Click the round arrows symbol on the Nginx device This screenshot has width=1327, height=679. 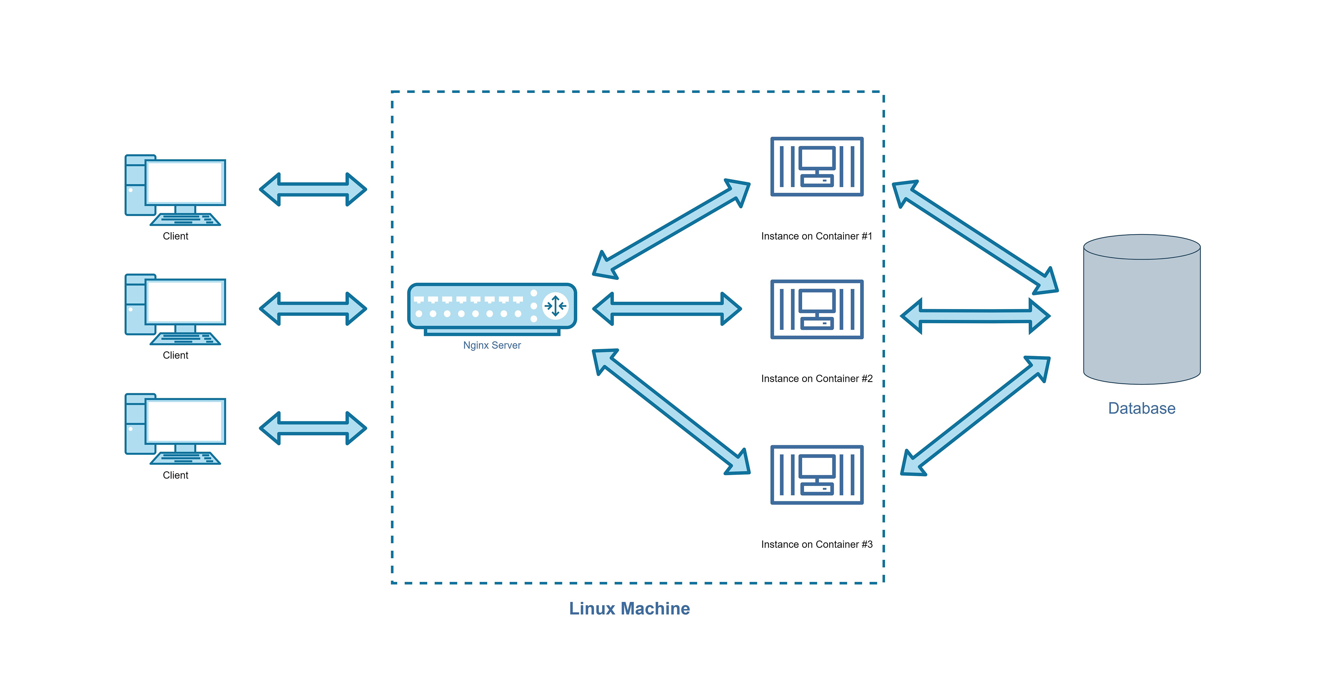pos(555,306)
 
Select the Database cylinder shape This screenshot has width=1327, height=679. pos(1142,314)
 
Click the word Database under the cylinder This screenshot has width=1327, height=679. pos(1142,408)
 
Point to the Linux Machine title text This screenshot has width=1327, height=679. pos(629,608)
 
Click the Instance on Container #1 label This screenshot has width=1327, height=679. pos(816,236)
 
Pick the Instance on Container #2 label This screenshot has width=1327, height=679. pos(816,379)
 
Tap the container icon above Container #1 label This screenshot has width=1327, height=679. pos(816,167)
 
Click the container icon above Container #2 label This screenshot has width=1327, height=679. pos(816,309)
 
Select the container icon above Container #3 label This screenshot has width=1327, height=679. pos(816,475)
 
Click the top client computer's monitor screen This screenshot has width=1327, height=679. pos(185,182)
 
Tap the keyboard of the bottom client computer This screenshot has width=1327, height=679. pos(185,458)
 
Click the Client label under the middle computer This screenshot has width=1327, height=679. pos(175,355)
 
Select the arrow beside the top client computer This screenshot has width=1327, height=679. pos(313,190)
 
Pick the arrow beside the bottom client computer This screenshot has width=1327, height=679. pos(313,428)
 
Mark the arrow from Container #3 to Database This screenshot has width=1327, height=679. pos(975,415)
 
